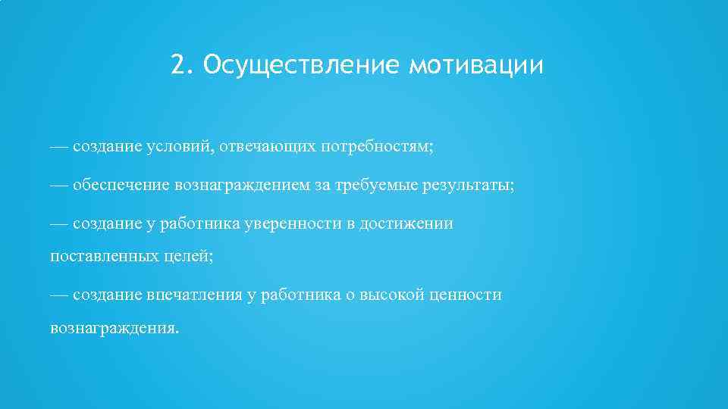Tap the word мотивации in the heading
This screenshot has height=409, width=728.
[x=476, y=66]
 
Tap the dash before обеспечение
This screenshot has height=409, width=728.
[x=59, y=184]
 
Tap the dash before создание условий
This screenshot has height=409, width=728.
[x=59, y=147]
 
